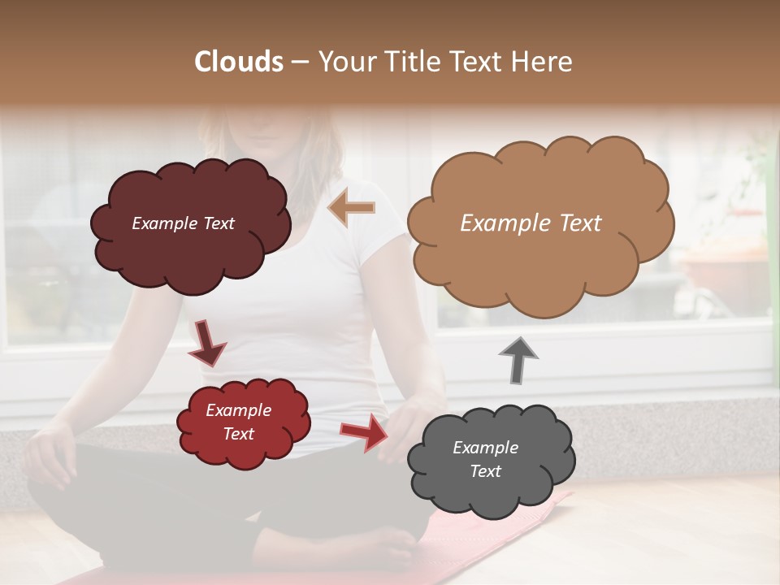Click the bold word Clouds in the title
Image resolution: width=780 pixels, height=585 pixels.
239,62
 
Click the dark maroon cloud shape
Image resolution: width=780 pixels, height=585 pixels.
191,252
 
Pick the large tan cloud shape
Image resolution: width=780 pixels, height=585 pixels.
540,260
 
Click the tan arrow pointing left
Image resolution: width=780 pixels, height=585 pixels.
351,208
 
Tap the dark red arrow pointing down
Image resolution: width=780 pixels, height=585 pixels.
207,343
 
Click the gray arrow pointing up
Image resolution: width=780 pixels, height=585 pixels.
518,360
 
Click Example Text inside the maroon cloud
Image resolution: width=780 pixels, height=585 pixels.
183,223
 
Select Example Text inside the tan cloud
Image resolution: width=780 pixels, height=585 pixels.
531,223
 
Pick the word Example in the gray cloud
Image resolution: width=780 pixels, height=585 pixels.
485,448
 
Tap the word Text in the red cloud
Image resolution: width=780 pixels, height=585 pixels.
239,434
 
